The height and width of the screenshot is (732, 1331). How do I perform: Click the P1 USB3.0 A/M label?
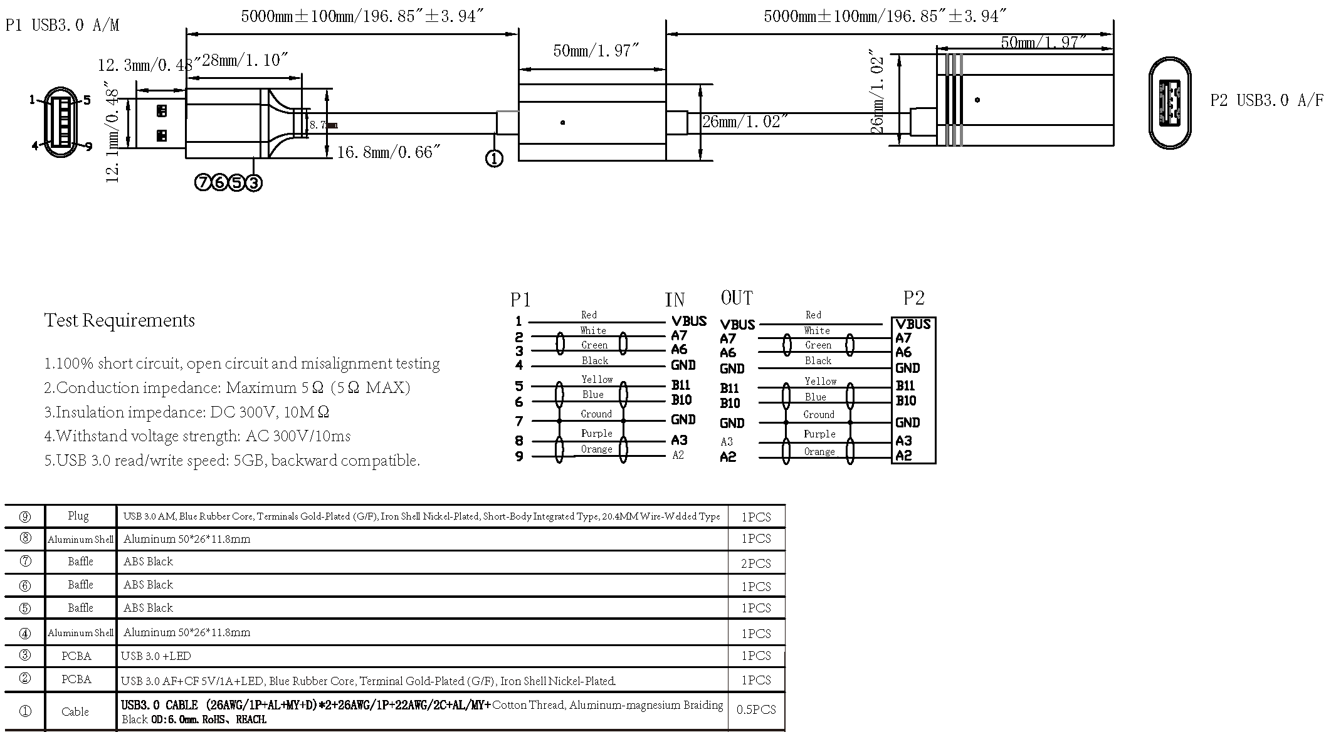[x=62, y=26]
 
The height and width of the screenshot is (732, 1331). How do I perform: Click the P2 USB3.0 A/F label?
[x=1267, y=100]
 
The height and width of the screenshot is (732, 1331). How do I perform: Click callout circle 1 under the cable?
[x=494, y=159]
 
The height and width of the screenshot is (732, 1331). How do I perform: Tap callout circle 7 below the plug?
[x=203, y=183]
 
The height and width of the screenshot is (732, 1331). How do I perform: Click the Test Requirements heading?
[x=119, y=321]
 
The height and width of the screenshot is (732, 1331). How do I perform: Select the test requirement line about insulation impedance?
[x=186, y=412]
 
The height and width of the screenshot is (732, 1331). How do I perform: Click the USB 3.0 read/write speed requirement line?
[x=232, y=461]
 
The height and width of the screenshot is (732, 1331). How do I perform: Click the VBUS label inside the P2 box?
[x=913, y=325]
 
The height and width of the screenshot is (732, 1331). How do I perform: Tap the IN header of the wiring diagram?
[x=675, y=300]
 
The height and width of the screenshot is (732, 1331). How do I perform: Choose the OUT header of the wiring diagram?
[x=737, y=298]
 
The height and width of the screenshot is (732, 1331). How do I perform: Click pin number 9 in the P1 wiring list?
[x=519, y=457]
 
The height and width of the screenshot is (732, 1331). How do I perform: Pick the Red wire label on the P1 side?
[x=589, y=315]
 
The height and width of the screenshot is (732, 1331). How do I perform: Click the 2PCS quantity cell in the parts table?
[x=755, y=563]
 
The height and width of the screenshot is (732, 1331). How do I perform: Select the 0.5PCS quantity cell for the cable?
[x=755, y=710]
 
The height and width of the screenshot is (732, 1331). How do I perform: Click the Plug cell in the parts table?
[x=78, y=516]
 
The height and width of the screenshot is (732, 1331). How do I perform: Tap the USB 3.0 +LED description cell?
[x=156, y=656]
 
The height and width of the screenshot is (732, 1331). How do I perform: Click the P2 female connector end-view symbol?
[x=1170, y=103]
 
